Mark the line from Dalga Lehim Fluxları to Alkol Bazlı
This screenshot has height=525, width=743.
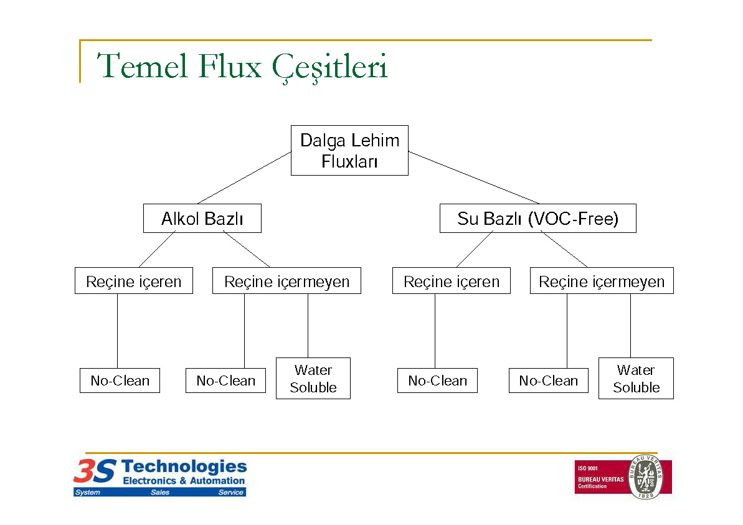245,177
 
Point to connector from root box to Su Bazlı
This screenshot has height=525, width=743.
474,177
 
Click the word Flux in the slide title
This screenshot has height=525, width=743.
230,66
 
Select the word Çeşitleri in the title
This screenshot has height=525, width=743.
330,68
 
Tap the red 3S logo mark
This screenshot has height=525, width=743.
95,471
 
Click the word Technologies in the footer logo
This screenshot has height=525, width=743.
184,466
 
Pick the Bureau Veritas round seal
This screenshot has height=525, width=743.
645,476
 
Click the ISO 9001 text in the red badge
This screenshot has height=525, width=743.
587,468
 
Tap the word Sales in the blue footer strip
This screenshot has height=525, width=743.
160,493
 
